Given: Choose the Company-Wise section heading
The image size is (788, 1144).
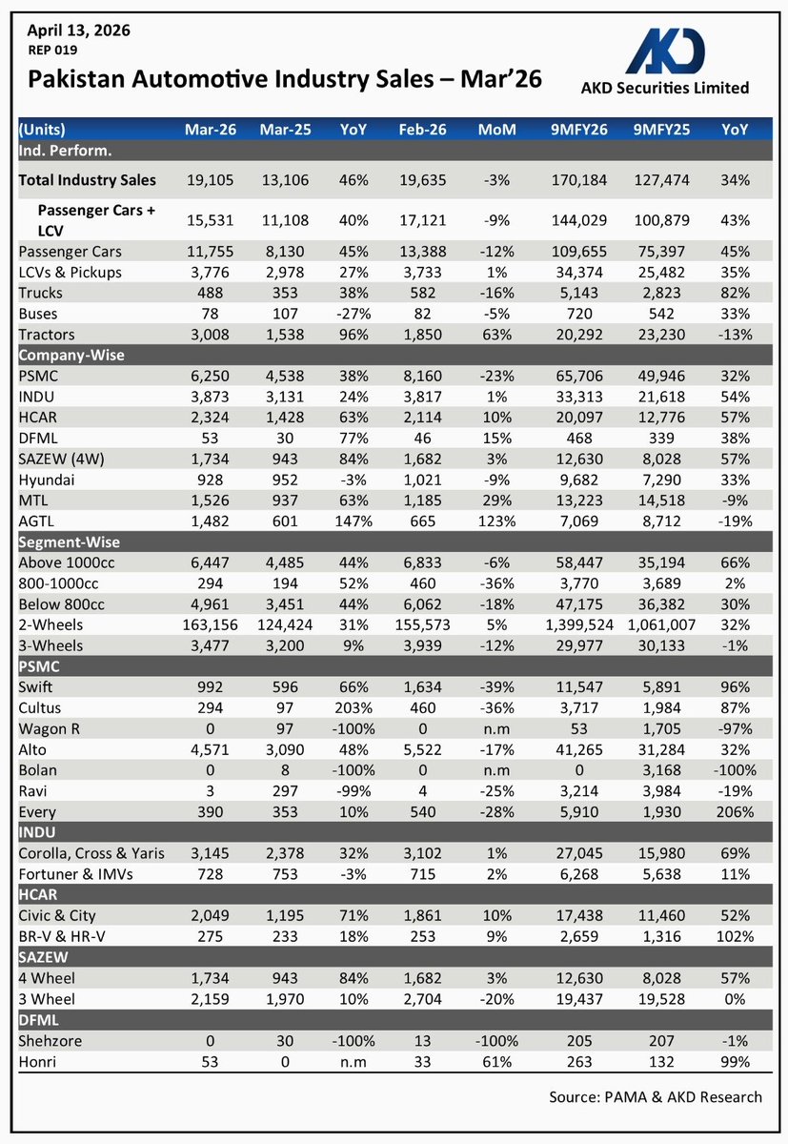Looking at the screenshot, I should (71, 356).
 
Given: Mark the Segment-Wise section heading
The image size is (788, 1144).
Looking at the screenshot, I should (71, 542).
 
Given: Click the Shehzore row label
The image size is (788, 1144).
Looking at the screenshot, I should (51, 1041).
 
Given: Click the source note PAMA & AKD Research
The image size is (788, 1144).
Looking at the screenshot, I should (656, 1096).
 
